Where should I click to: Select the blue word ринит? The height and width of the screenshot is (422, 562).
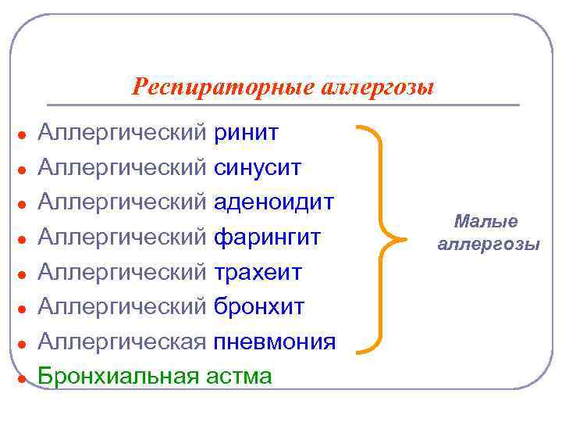click(246, 133)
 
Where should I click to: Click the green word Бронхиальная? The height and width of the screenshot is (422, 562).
click(120, 376)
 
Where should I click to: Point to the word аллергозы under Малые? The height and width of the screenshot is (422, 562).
click(488, 245)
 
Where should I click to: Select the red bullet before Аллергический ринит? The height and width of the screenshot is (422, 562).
click(24, 135)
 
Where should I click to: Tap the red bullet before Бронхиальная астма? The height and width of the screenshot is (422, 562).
click(24, 378)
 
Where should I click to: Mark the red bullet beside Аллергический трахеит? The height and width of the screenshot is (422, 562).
click(24, 274)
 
